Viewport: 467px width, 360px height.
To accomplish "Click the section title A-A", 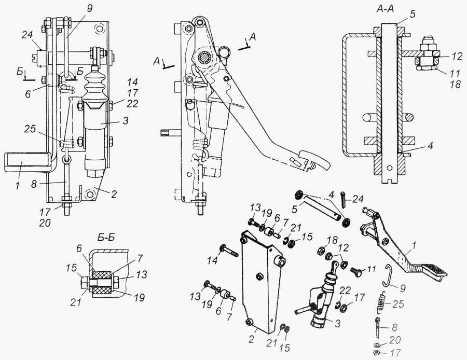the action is tap(385, 9).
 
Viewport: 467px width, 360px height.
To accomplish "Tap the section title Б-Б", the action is tap(106, 238).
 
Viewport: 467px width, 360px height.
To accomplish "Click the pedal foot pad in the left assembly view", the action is tap(27, 162).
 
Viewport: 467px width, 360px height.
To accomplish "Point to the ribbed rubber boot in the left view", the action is tap(94, 86).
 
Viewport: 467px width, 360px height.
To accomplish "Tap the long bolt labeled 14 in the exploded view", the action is tap(228, 251).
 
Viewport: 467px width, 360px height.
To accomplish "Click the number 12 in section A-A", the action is tap(456, 56).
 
